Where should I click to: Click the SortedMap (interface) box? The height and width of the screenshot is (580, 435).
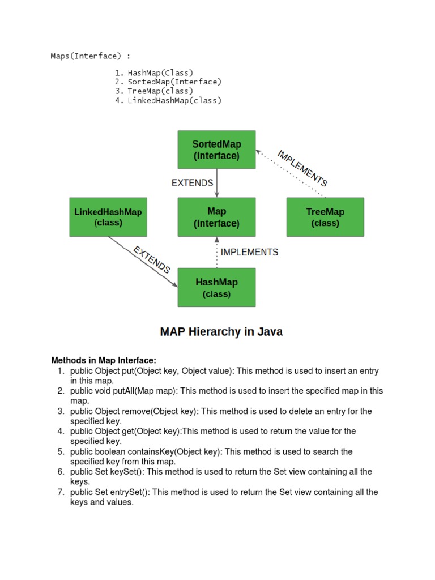point(216,150)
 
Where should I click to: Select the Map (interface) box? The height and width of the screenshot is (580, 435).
point(216,217)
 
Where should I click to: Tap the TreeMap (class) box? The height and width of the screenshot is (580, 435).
point(325,217)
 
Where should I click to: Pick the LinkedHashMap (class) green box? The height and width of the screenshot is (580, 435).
point(108,217)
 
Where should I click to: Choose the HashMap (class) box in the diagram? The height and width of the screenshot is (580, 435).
point(216,287)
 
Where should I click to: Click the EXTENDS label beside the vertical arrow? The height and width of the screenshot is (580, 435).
point(193,182)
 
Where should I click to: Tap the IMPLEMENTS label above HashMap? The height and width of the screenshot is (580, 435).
point(249,252)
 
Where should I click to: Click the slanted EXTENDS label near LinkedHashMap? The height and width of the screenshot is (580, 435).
point(151,260)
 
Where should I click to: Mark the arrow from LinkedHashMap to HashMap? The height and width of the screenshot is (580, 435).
point(142,261)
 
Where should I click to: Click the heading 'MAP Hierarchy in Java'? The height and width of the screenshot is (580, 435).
point(221,332)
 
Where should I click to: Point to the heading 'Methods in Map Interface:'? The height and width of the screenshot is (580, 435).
point(104,360)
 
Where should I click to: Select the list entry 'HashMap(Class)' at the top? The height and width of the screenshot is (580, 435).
point(160,72)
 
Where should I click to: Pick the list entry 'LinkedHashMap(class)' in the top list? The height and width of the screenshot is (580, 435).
point(174,100)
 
